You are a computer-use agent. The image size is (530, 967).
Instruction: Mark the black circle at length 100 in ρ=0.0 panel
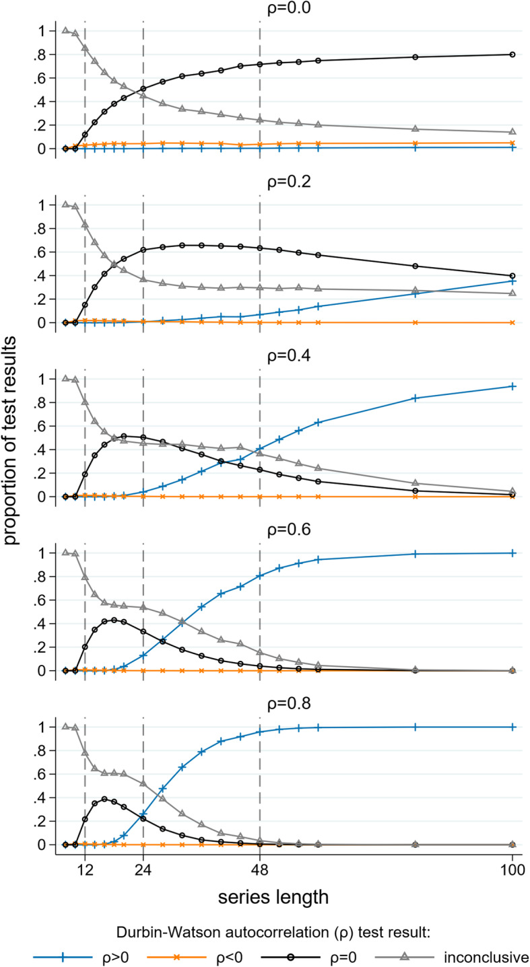pyautogui.click(x=512, y=55)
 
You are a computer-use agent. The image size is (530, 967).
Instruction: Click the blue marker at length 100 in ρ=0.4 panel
pyautogui.click(x=512, y=386)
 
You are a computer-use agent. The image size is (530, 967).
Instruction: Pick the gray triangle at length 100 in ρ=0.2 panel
pyautogui.click(x=512, y=293)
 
